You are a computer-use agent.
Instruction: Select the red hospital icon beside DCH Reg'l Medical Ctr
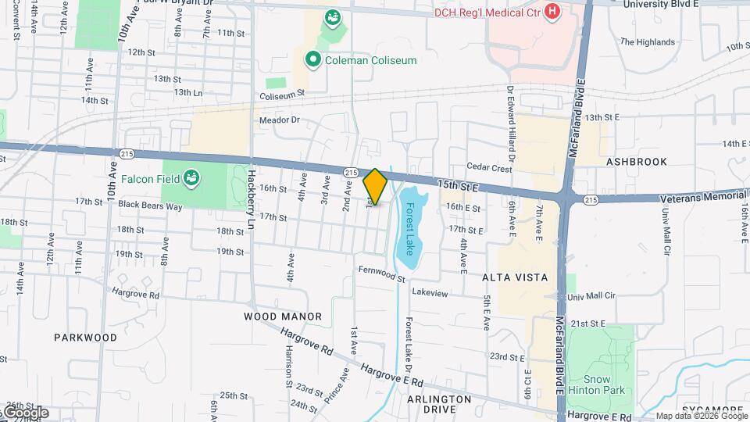[x=553, y=11]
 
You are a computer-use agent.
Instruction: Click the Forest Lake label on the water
[x=408, y=222]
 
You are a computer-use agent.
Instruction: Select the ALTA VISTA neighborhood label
[x=514, y=277]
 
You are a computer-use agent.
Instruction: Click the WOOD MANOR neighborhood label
[x=283, y=316]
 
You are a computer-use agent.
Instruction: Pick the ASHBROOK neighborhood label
[x=637, y=162]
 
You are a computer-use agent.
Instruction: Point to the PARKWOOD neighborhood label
[x=85, y=338]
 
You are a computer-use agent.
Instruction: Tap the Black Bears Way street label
[x=151, y=206]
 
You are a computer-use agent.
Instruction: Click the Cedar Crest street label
[x=489, y=167]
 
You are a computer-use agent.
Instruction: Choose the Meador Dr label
[x=280, y=120]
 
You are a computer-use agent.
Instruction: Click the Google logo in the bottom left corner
[x=25, y=412]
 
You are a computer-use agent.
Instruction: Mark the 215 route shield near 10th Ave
[x=127, y=153]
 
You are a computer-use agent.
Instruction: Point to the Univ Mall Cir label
[x=592, y=297]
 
